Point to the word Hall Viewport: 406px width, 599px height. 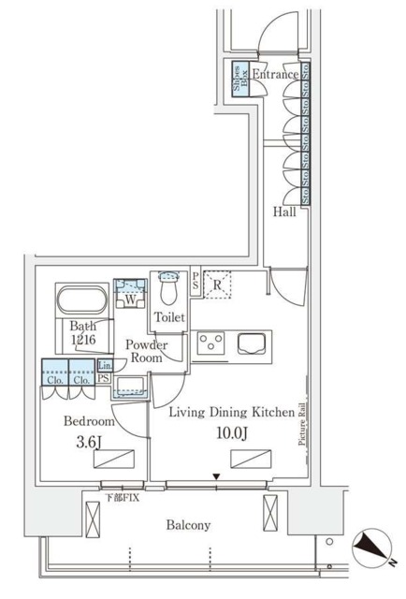285,212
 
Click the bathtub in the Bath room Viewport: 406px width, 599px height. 83,303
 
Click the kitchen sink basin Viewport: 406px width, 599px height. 253,343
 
